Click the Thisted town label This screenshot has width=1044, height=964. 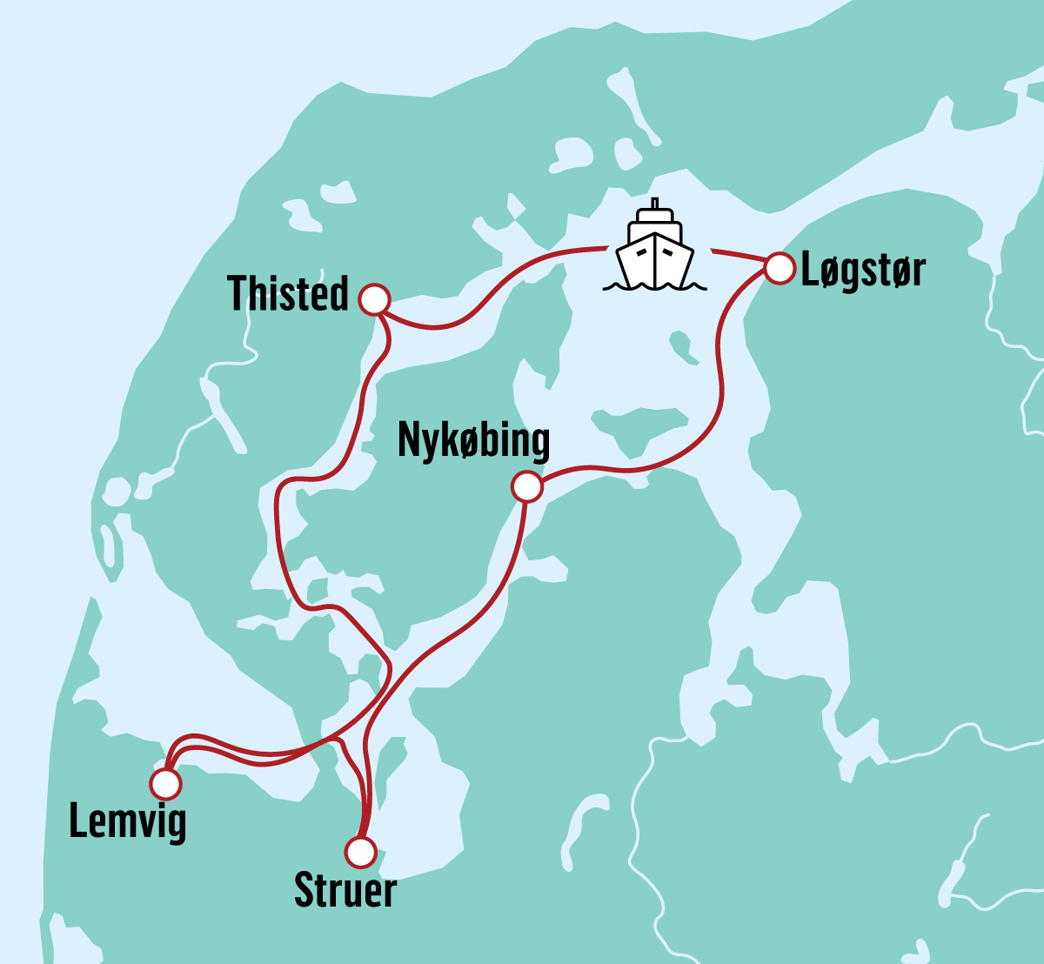click(288, 293)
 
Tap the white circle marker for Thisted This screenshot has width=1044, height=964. click(374, 299)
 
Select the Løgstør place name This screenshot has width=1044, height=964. click(862, 271)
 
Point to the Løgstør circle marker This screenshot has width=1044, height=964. click(780, 268)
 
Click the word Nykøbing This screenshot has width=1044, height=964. click(473, 441)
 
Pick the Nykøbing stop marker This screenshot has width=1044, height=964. click(527, 487)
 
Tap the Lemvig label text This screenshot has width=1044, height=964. click(127, 822)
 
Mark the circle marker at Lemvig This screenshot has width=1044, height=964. click(165, 784)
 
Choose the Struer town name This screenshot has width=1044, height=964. click(345, 889)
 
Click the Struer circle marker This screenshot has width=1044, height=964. click(360, 852)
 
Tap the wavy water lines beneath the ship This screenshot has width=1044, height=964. click(655, 285)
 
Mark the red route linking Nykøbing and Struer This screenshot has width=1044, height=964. click(487, 609)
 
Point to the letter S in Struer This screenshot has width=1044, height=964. click(304, 889)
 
